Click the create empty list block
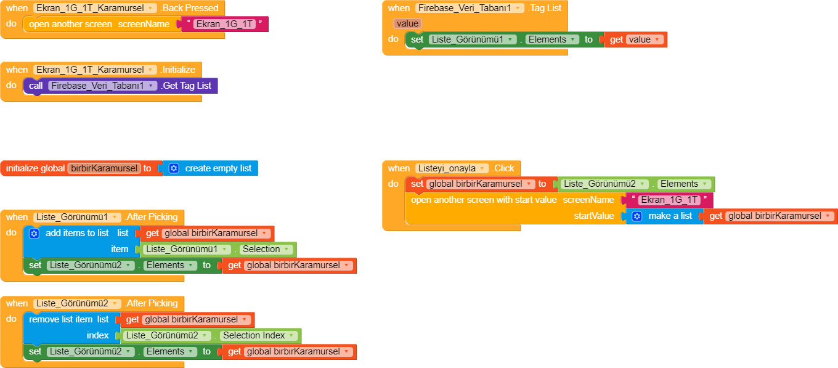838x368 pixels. click(218, 168)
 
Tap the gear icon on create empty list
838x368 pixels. click(174, 168)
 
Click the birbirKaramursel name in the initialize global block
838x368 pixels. click(104, 168)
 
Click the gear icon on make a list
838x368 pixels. click(637, 216)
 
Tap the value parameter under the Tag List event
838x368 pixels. click(407, 23)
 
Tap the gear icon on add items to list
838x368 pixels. click(35, 234)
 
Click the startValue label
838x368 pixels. click(594, 216)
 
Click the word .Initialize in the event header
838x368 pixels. click(177, 70)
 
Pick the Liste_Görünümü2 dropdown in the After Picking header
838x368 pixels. click(77, 303)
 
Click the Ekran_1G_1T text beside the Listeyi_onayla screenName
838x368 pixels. click(669, 200)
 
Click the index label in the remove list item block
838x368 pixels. click(97, 336)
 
